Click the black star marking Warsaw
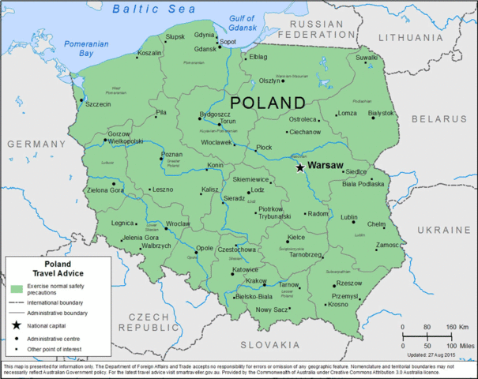coord(299,167)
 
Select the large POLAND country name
coord(267,103)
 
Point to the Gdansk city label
coord(205,49)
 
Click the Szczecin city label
coord(98,104)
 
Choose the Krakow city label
coord(256,281)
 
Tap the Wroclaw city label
coord(178,224)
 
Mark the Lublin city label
coord(348,217)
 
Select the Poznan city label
coord(171,155)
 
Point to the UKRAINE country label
coord(442,230)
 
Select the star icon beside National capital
coord(16,325)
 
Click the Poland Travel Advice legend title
coord(57,268)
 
